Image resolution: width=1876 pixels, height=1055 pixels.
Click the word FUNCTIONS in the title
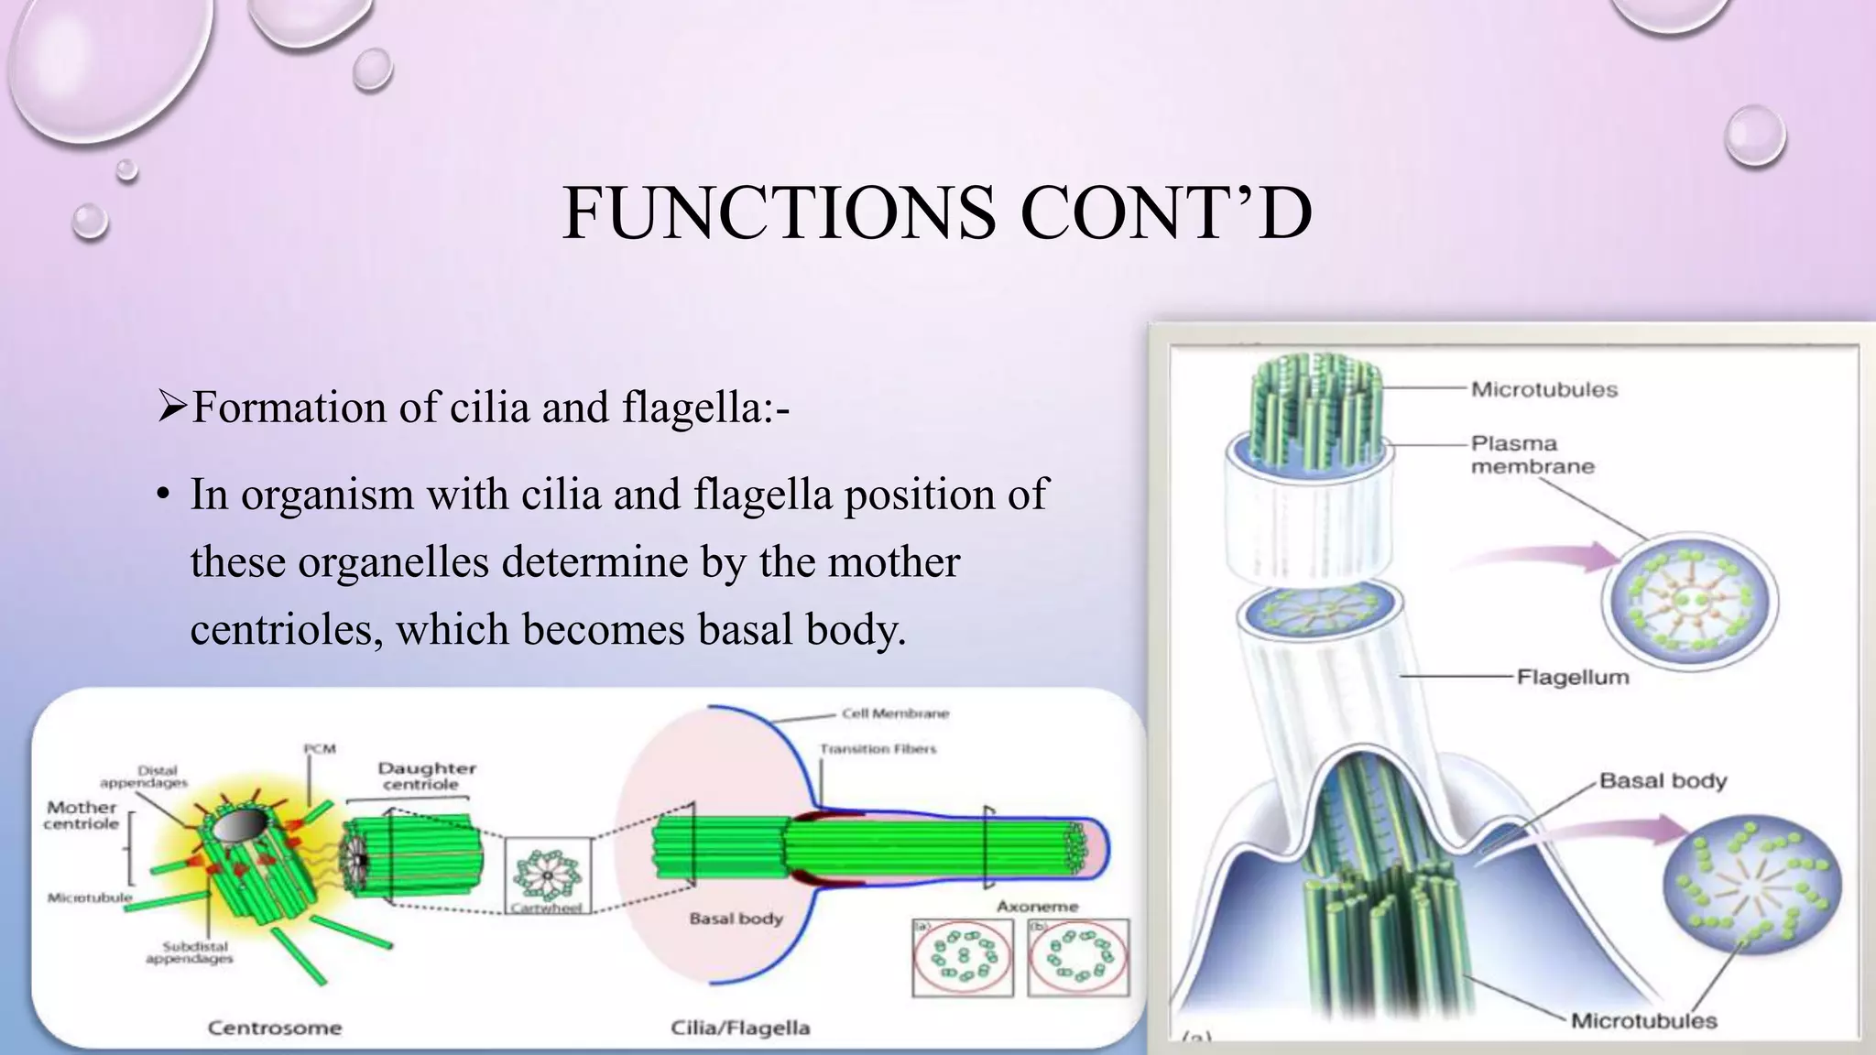point(779,213)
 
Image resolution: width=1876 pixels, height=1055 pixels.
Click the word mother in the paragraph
point(893,561)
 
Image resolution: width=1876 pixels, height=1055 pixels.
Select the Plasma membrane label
point(1532,455)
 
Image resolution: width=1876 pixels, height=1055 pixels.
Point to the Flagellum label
point(1573,678)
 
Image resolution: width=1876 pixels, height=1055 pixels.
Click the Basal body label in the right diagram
point(1663,781)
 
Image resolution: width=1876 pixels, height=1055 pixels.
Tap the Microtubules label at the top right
point(1544,389)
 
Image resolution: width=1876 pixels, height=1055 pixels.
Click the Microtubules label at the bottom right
point(1643,1021)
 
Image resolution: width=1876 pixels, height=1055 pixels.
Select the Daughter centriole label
point(426,777)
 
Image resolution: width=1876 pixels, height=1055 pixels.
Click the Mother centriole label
point(82,815)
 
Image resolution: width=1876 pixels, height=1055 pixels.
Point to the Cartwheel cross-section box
point(548,876)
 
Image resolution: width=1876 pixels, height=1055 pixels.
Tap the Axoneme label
point(1037,907)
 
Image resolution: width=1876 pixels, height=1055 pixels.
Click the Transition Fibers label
point(878,749)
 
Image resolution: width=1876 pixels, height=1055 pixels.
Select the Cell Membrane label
point(895,713)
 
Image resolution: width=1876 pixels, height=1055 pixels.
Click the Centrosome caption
point(274,1028)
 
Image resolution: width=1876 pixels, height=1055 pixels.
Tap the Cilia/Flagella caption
point(740,1028)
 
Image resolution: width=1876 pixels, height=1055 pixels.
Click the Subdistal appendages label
point(190,952)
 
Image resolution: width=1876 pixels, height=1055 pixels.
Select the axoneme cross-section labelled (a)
point(963,958)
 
